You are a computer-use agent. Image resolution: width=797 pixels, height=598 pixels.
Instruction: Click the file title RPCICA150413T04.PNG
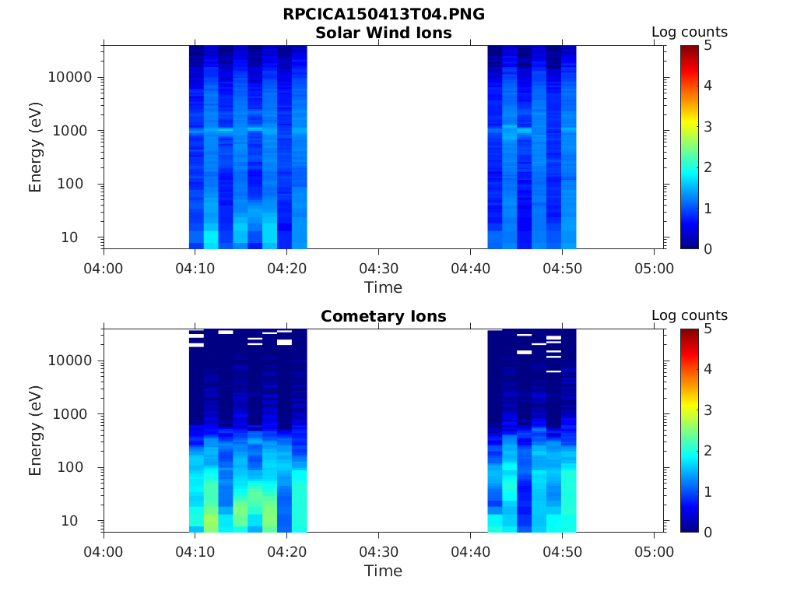(x=383, y=14)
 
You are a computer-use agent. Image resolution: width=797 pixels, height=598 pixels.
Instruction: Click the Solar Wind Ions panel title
(x=383, y=33)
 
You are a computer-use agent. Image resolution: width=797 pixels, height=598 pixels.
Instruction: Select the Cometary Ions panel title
(x=383, y=316)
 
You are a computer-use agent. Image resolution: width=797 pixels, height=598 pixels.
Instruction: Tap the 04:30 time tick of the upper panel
(x=379, y=269)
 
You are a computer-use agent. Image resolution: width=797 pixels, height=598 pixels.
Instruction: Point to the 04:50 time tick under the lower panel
(x=563, y=552)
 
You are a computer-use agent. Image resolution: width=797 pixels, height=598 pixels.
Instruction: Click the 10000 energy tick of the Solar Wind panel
(x=71, y=78)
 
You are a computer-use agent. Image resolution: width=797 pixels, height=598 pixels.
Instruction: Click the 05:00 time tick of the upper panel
(x=655, y=269)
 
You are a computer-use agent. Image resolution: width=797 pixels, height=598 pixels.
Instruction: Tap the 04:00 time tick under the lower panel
(x=104, y=552)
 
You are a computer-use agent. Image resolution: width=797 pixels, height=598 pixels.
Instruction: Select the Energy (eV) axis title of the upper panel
(x=36, y=147)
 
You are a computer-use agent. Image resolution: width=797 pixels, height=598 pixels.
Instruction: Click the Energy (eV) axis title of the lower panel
(x=36, y=431)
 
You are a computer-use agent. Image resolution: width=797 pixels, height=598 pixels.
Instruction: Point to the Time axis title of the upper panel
(x=383, y=287)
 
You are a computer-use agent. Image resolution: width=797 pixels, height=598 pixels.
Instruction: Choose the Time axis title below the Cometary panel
(x=383, y=571)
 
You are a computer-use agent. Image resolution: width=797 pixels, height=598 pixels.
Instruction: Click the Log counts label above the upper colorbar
(x=689, y=32)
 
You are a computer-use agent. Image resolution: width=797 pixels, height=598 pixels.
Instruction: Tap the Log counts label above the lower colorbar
(x=689, y=315)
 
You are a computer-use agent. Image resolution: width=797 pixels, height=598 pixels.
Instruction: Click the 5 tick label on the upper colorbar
(x=707, y=45)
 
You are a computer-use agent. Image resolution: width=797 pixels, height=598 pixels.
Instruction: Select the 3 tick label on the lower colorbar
(x=707, y=410)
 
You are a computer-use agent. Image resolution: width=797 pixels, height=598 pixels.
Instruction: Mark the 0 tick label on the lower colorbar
(x=707, y=532)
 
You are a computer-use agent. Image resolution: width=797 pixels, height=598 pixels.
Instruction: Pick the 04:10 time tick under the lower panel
(x=195, y=552)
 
